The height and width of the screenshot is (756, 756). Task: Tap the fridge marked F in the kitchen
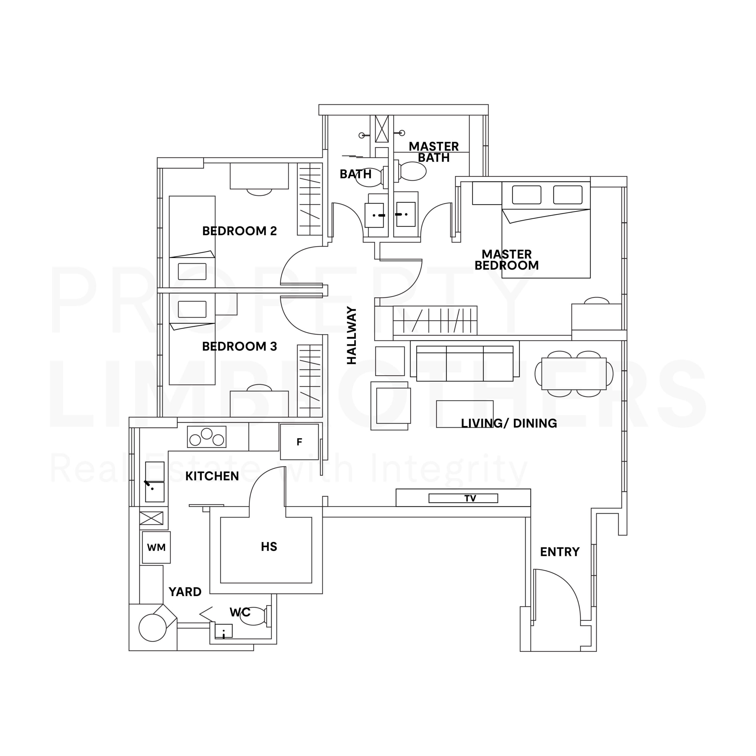click(x=299, y=442)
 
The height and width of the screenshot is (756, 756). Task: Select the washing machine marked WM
click(x=156, y=547)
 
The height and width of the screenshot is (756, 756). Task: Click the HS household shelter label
click(x=269, y=547)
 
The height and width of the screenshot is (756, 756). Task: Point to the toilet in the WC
click(x=254, y=616)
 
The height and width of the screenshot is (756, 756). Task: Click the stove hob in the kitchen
click(x=207, y=437)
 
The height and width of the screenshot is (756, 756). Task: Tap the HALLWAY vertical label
click(x=352, y=335)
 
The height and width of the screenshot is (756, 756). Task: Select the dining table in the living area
click(x=574, y=373)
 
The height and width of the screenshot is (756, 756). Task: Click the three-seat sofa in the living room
click(x=465, y=364)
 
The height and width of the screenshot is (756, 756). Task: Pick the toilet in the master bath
click(x=412, y=171)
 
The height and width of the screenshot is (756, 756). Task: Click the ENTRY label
click(x=560, y=552)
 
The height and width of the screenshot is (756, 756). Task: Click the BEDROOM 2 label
click(x=239, y=231)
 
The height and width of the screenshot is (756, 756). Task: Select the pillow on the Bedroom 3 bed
click(x=192, y=309)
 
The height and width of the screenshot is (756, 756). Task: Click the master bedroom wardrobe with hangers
click(x=435, y=320)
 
